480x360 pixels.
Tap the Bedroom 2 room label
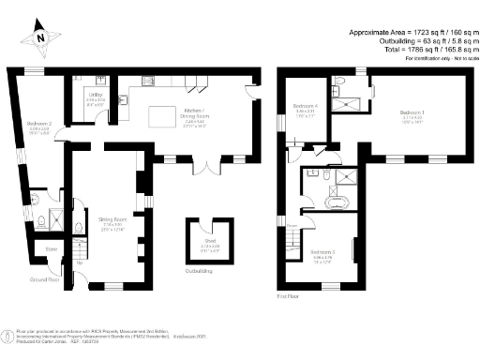pyautogui.click(x=38, y=124)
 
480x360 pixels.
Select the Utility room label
pyautogui.click(x=96, y=95)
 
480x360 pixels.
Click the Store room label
pyautogui.click(x=52, y=249)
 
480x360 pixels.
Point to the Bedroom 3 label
pyautogui.click(x=322, y=252)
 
